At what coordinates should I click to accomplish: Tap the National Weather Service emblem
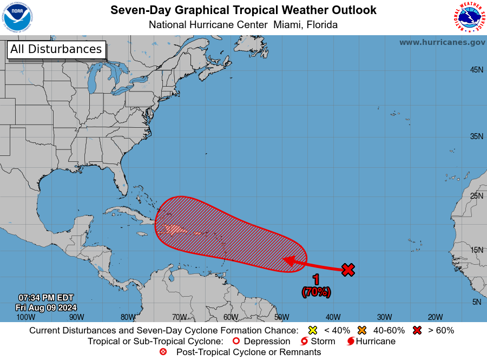pos(469,17)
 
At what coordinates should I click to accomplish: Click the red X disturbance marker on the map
pos(348,270)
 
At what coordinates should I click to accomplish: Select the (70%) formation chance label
pos(316,292)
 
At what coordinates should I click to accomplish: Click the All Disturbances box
pos(56,49)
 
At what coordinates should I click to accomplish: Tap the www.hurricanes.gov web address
pos(442,42)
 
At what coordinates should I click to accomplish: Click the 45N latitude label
pos(476,70)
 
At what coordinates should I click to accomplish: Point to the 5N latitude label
pos(477,302)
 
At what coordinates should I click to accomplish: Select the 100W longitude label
pos(25,317)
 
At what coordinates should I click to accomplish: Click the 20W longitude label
pos(436,317)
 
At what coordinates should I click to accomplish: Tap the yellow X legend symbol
pos(312,330)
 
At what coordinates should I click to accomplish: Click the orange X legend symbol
pos(362,330)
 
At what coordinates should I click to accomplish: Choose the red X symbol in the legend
pos(417,330)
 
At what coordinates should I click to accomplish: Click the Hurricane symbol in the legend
pos(351,342)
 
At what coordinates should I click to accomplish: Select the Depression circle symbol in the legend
pos(236,342)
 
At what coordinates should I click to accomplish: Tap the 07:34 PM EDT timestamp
pos(45,298)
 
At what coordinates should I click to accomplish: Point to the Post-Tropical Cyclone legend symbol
pos(163,352)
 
